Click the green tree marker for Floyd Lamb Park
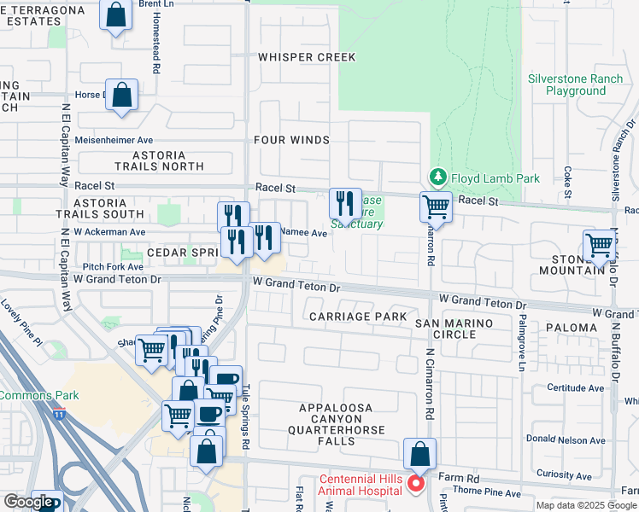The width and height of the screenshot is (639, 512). [438, 177]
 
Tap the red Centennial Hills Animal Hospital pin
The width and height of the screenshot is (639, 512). [416, 484]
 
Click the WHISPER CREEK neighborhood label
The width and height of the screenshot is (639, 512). [307, 57]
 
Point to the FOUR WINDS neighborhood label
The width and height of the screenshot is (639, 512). [291, 140]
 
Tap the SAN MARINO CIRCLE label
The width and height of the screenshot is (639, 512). [454, 329]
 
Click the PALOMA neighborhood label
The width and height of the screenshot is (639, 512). [572, 328]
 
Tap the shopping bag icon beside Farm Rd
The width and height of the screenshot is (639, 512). [419, 454]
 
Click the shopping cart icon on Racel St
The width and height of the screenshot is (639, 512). [437, 207]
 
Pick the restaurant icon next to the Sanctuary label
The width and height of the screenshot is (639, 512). [345, 204]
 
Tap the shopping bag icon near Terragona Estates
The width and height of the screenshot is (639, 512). [116, 15]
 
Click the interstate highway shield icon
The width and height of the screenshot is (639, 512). [59, 415]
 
